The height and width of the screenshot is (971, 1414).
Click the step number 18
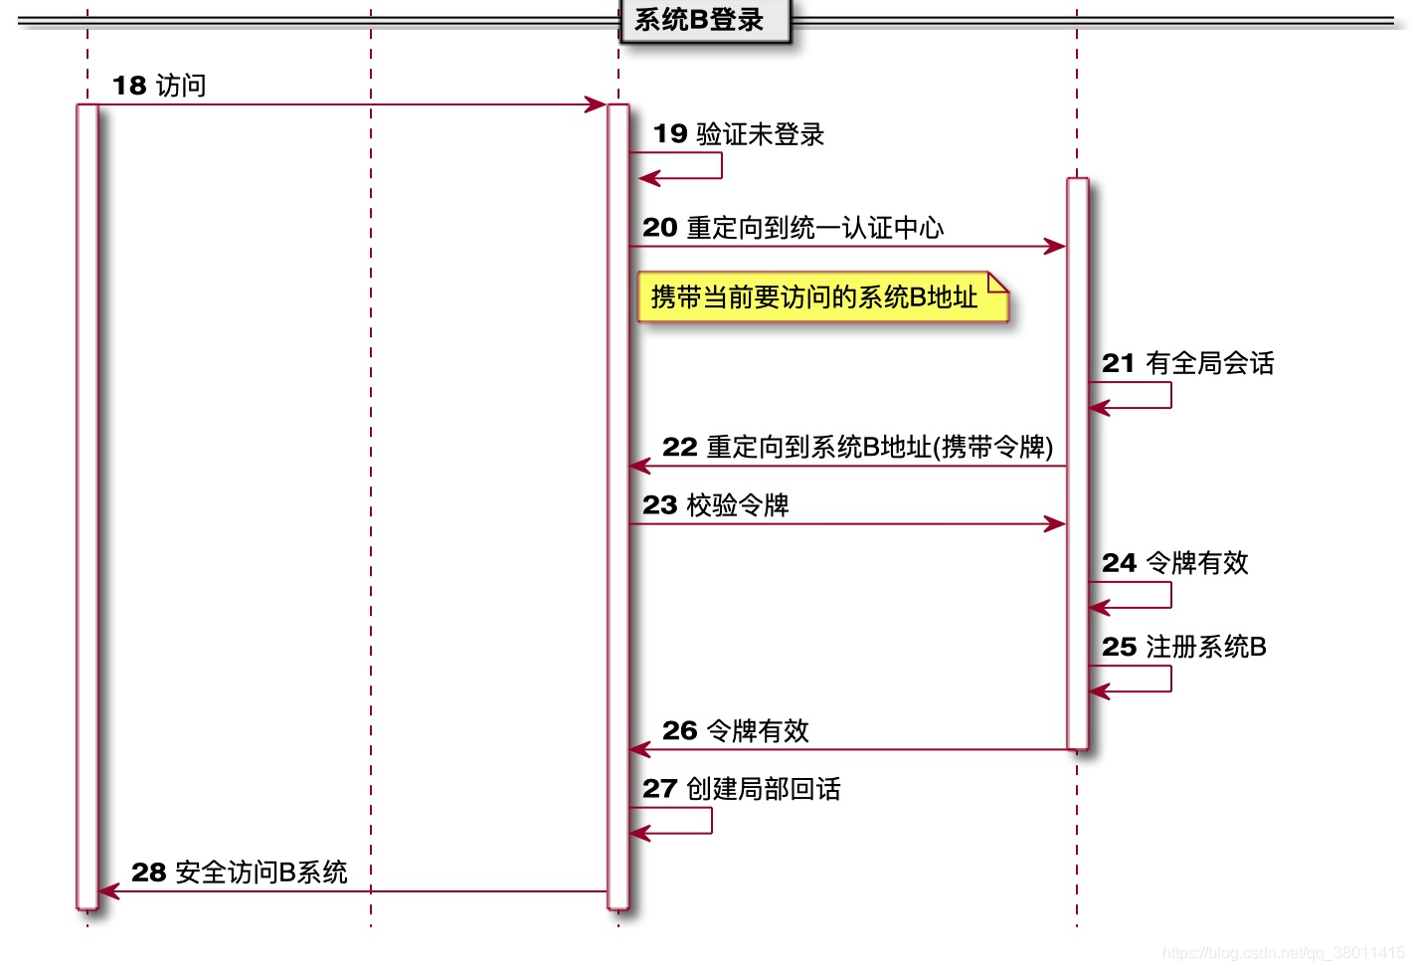pos(129,86)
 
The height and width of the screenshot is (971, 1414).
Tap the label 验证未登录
pos(760,134)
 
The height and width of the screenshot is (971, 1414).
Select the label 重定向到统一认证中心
pos(814,228)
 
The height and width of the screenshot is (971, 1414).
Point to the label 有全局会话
pos(1209,363)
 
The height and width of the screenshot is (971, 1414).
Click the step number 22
pos(680,447)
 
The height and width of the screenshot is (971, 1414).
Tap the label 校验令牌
pos(737,505)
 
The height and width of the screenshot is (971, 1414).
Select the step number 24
pos(1119,563)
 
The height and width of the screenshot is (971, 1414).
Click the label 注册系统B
pos(1205,647)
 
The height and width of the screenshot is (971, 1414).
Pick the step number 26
pos(680,730)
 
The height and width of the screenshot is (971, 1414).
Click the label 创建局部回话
pos(763,789)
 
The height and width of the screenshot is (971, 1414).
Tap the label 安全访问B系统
pos(261,873)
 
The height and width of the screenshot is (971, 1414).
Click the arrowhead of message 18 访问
pos(597,104)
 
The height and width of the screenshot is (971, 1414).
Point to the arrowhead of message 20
pos(1056,246)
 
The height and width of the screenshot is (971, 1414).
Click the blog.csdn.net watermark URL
pos(1284,953)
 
